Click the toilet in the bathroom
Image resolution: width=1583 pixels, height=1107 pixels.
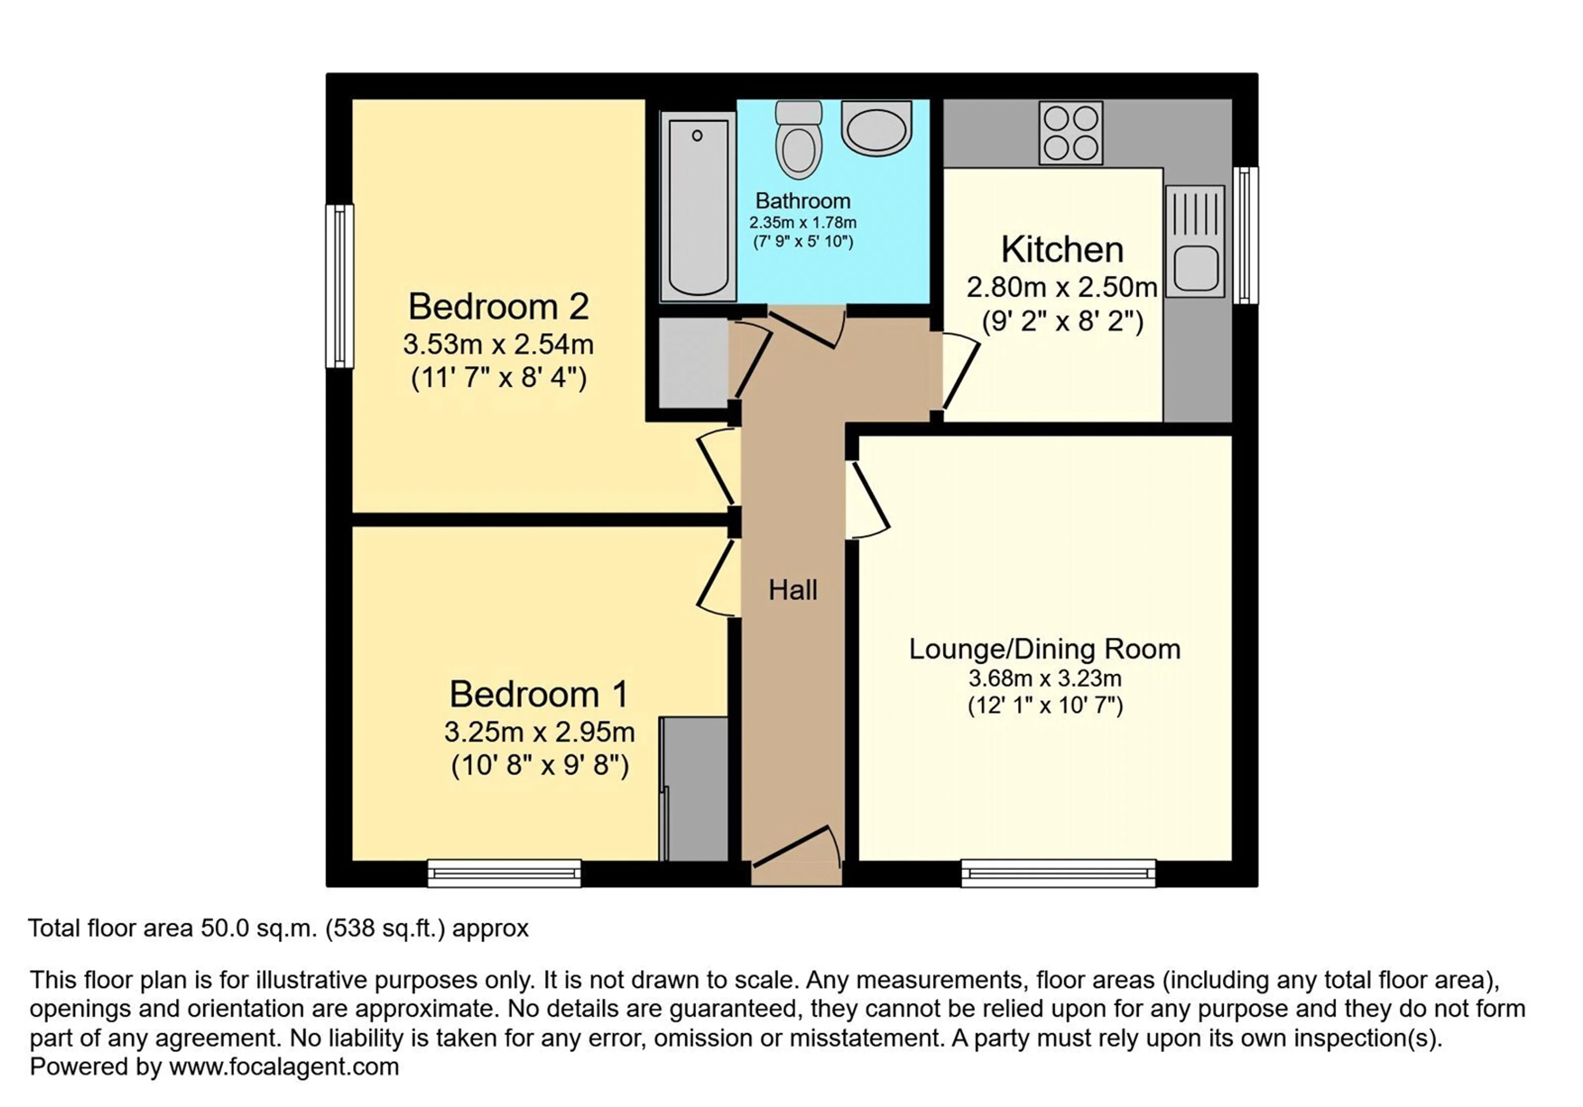[799, 140]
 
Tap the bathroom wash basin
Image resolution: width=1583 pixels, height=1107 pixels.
[876, 128]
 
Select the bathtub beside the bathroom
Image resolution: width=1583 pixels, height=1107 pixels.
[698, 207]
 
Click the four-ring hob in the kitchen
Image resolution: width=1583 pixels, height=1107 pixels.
[1071, 133]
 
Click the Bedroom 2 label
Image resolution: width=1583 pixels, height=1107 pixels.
[498, 307]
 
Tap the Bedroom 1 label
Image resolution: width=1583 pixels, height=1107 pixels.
[539, 694]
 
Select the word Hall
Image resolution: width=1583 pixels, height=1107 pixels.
[793, 590]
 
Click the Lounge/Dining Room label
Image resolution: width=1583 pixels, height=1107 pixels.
[1045, 649]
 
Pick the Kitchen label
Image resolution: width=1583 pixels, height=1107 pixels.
[1062, 249]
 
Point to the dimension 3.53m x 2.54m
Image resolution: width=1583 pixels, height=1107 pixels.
[498, 344]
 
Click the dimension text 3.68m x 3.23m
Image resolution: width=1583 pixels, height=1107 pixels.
[1045, 679]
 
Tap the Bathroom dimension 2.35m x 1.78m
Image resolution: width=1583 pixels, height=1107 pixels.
[803, 223]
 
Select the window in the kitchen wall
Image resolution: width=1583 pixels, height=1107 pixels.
[1245, 235]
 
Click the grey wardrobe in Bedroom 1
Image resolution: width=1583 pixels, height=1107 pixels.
[694, 788]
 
